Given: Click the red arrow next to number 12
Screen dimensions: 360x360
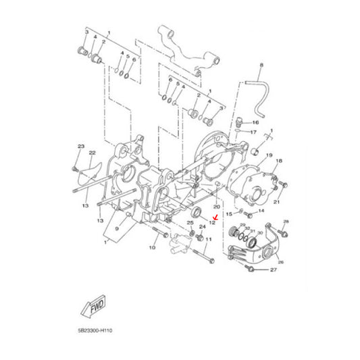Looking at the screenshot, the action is pos(215,217).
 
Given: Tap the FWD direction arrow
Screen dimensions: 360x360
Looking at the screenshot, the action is pos(94,306).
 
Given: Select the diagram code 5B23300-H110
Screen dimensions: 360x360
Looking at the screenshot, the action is pos(95,331).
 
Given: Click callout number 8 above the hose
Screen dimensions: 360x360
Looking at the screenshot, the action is pos(261,65).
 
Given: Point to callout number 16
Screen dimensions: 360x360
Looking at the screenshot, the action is pos(255,122).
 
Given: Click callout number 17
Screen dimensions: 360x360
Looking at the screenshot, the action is pos(253,132).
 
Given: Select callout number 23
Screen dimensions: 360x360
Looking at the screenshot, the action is pos(81,147).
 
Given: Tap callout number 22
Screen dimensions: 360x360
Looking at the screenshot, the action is pos(92,153).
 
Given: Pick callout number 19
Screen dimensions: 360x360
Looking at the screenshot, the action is pos(269,155).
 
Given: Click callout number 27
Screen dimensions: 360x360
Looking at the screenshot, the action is pos(274,269).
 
